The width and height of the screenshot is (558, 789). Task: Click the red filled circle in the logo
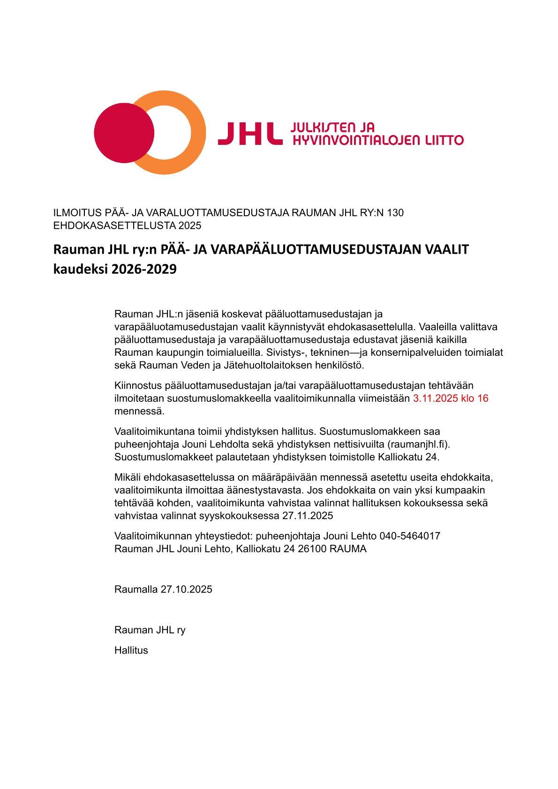(x=124, y=133)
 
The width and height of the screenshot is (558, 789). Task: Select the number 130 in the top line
(x=395, y=213)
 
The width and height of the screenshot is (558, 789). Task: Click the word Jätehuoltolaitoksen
(x=239, y=365)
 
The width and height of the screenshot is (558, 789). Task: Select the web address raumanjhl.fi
(x=416, y=443)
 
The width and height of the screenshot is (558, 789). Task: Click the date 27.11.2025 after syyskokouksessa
(x=308, y=516)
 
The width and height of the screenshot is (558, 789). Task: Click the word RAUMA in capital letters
(x=348, y=549)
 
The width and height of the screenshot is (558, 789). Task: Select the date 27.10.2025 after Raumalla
(x=186, y=589)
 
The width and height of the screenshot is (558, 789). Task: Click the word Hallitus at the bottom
(x=131, y=650)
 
